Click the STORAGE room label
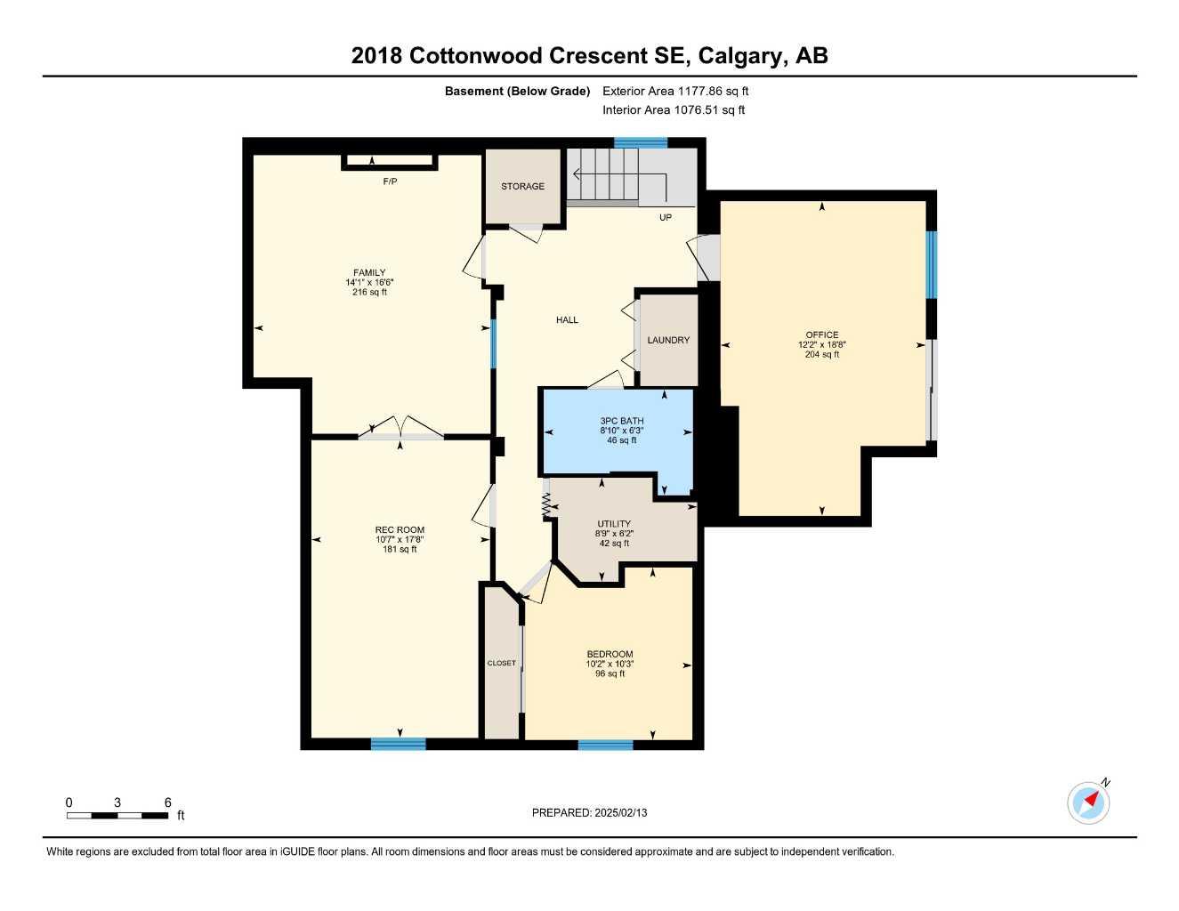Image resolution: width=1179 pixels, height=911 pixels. click(x=522, y=186)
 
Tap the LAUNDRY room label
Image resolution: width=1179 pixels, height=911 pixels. click(x=668, y=340)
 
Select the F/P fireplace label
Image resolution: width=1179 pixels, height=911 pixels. click(x=390, y=181)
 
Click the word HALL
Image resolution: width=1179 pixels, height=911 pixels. click(x=567, y=320)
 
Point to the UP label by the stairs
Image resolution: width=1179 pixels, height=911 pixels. click(x=666, y=217)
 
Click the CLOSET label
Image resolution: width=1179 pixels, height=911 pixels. click(x=501, y=663)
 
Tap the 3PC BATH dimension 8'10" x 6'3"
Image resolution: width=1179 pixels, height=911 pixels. click(x=621, y=431)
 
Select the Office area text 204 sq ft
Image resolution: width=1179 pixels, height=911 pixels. click(x=821, y=354)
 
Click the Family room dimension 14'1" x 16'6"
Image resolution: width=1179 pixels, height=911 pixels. click(x=369, y=282)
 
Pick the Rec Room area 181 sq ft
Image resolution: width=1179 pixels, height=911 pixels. click(x=400, y=549)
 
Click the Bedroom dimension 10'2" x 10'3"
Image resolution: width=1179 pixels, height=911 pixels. click(x=610, y=664)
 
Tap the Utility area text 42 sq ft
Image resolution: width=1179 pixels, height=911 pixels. click(x=614, y=543)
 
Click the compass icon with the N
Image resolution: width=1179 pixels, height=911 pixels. click(x=1088, y=802)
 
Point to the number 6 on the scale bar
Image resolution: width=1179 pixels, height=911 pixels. click(x=167, y=802)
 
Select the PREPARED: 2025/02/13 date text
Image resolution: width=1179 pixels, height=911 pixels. click(x=589, y=812)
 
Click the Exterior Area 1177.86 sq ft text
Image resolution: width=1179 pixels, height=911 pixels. click(x=675, y=91)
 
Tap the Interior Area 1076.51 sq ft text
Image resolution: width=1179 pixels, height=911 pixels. click(x=674, y=110)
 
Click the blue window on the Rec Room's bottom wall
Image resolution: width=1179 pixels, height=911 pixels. click(x=399, y=744)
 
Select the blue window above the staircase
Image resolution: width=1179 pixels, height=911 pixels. click(x=641, y=142)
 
